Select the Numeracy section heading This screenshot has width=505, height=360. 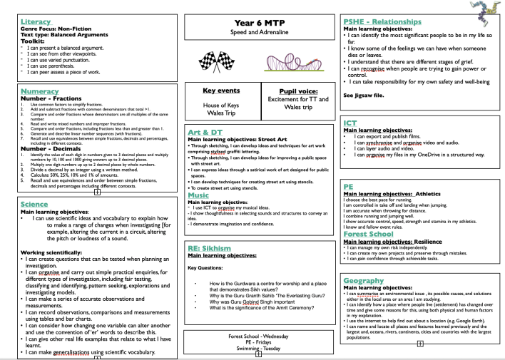[x=44, y=92]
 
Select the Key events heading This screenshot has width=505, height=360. [x=221, y=91]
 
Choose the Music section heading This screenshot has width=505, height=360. [x=198, y=195]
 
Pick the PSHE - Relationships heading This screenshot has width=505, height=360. [x=389, y=22]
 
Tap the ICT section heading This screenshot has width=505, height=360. [x=350, y=123]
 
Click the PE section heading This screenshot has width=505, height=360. [x=349, y=187]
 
